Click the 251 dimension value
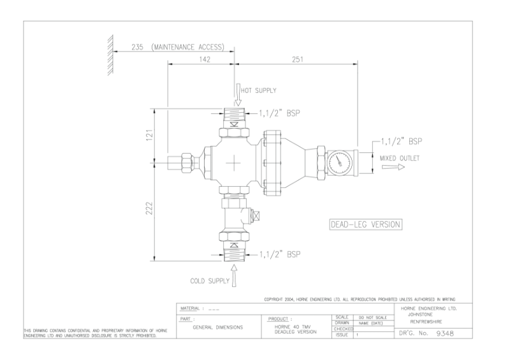pos(295,59)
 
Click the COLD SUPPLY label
pos(211,280)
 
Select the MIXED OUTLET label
pos(400,158)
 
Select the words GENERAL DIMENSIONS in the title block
pos(217,327)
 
